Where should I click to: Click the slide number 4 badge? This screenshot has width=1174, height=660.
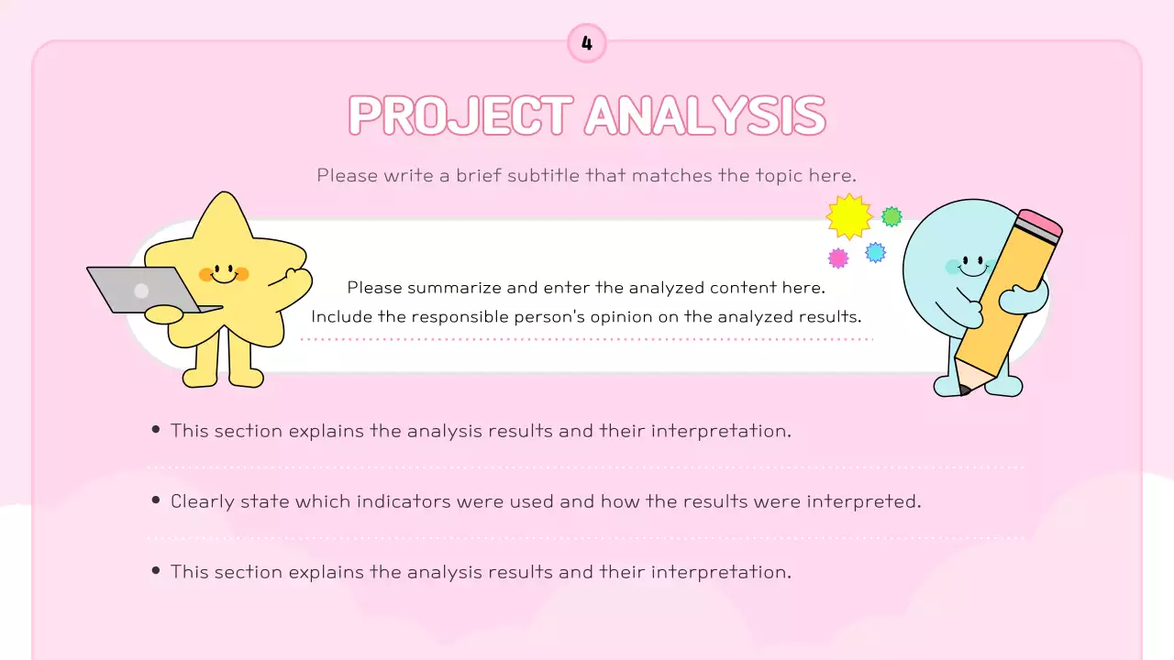click(x=587, y=43)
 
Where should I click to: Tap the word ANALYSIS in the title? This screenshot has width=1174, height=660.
click(x=704, y=115)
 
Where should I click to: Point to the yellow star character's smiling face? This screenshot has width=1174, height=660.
click(x=223, y=272)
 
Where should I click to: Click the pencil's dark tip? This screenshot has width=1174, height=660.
click(x=964, y=390)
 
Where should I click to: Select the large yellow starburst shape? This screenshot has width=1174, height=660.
click(x=848, y=216)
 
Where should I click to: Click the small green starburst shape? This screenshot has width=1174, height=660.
click(x=892, y=217)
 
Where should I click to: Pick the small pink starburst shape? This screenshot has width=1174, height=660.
click(x=838, y=258)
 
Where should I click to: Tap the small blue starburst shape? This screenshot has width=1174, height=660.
click(x=876, y=252)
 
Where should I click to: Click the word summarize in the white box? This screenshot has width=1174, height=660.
click(x=454, y=288)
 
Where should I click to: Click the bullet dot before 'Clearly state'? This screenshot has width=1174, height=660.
click(x=156, y=500)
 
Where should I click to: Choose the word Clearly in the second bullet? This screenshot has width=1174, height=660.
click(x=203, y=501)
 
